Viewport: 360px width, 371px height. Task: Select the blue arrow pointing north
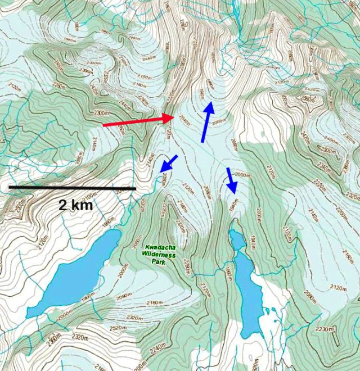206,121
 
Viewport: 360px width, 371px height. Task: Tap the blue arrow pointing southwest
168,163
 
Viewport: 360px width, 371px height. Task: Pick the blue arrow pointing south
231,180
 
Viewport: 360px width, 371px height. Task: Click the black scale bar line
72,188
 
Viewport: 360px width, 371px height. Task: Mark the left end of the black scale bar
9,187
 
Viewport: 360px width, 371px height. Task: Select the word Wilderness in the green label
160,254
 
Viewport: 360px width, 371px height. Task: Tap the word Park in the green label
160,261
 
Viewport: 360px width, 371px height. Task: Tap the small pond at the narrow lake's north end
237,239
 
